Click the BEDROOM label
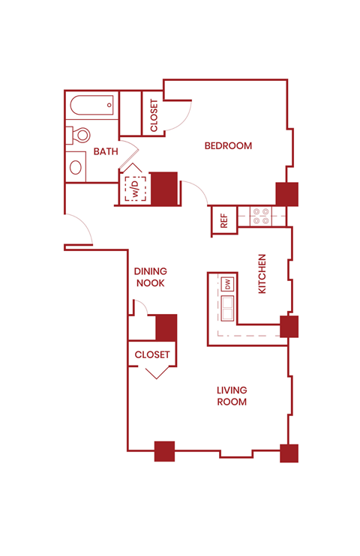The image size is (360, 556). (x=228, y=145)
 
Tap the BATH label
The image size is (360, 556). (x=106, y=151)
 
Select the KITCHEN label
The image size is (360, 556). (x=262, y=274)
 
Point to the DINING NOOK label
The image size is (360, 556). (x=150, y=277)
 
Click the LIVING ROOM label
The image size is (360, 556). (x=232, y=396)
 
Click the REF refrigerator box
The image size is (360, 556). (x=223, y=220)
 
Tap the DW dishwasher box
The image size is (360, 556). (x=227, y=284)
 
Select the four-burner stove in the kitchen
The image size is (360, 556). (x=261, y=216)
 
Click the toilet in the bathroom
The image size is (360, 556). (x=79, y=136)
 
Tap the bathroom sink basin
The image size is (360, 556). (x=76, y=166)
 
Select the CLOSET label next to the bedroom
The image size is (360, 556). (x=154, y=115)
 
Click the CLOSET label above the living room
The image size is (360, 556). (x=152, y=354)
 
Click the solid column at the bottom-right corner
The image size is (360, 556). (x=289, y=453)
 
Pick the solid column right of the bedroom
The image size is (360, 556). (x=286, y=193)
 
